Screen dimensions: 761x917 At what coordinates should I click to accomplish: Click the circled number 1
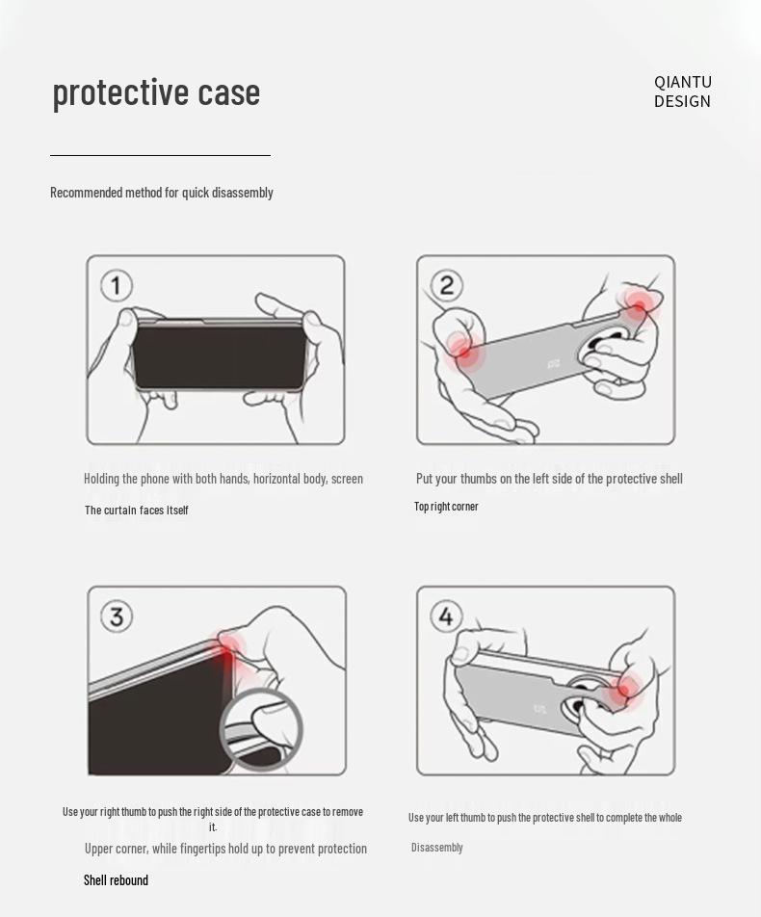click(117, 286)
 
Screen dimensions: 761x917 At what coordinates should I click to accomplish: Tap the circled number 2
click(446, 285)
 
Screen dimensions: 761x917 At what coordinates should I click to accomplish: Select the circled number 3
click(117, 616)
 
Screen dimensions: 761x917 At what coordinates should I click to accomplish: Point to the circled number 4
click(446, 616)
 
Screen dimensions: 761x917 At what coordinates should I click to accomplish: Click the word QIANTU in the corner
click(683, 82)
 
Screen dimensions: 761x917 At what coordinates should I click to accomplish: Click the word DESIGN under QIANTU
click(682, 101)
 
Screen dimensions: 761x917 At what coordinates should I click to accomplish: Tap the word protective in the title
click(120, 92)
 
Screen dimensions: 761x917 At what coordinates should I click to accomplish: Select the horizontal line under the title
click(160, 156)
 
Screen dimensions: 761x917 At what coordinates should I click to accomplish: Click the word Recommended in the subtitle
click(86, 193)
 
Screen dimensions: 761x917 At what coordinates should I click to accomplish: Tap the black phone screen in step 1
click(219, 356)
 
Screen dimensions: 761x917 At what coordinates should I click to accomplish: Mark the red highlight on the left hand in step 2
click(464, 351)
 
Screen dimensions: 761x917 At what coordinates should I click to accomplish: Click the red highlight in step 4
click(625, 691)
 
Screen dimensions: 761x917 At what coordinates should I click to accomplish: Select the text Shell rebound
click(116, 880)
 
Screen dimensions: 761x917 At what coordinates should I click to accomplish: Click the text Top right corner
click(446, 507)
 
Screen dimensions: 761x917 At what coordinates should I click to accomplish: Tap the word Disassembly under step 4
click(437, 848)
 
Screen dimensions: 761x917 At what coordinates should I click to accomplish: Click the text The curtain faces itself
click(136, 510)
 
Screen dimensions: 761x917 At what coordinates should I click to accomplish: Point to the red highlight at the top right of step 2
click(639, 305)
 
